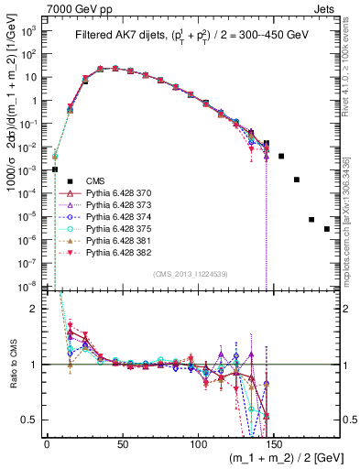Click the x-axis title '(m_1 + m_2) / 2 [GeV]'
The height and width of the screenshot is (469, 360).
coord(288,458)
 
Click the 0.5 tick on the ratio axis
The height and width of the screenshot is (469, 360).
coord(37,420)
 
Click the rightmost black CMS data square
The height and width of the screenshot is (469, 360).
coord(327,229)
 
